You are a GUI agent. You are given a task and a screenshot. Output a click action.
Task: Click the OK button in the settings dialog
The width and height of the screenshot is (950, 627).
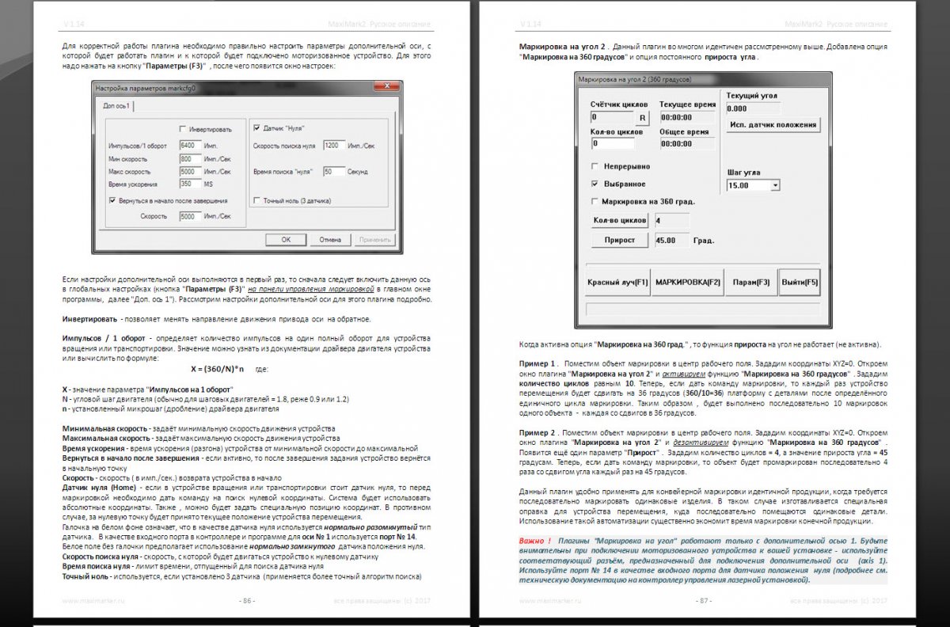click(x=287, y=239)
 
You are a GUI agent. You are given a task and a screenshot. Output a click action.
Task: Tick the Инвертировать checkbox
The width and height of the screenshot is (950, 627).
click(x=182, y=129)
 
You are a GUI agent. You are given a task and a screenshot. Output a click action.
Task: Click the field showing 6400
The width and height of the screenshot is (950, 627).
click(x=190, y=146)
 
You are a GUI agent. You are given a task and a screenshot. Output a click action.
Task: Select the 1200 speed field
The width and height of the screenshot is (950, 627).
click(x=334, y=146)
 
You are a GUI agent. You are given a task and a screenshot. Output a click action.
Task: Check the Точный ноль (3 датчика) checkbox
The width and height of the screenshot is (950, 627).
click(x=256, y=200)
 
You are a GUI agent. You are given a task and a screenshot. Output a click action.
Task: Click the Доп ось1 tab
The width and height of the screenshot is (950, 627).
click(x=117, y=106)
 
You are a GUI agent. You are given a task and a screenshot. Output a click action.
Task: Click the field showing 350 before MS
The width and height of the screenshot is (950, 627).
click(x=190, y=184)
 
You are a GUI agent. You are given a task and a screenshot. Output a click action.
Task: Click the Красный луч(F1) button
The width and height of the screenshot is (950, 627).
click(x=617, y=282)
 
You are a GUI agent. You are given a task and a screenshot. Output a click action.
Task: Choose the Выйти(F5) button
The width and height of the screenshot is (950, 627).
click(x=799, y=282)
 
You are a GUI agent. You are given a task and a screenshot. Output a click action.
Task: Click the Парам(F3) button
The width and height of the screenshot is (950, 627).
click(x=750, y=282)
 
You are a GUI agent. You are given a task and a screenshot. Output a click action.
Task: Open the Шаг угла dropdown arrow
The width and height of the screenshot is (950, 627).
click(x=774, y=185)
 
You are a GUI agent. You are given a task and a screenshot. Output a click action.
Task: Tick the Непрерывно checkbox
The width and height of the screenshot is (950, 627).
click(x=595, y=167)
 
